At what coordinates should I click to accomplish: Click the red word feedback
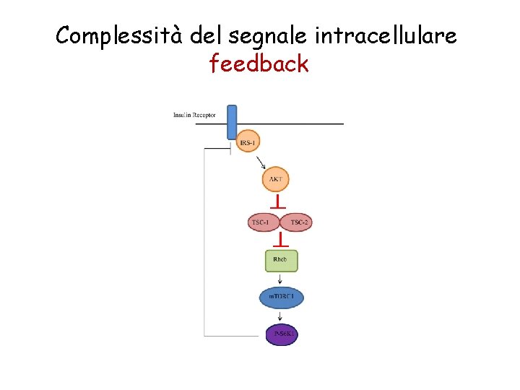(259, 64)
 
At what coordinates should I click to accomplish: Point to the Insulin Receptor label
(194, 116)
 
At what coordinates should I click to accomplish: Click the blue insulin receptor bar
(232, 121)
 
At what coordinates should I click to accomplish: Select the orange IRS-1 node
(248, 143)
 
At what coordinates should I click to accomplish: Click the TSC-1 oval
(261, 222)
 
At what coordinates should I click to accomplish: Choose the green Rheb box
(281, 260)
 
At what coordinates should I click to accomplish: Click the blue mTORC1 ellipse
(281, 298)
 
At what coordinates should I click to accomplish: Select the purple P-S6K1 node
(282, 334)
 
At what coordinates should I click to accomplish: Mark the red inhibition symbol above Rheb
(280, 240)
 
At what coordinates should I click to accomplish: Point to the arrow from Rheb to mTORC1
(280, 279)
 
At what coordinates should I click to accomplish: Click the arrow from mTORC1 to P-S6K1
(280, 316)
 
